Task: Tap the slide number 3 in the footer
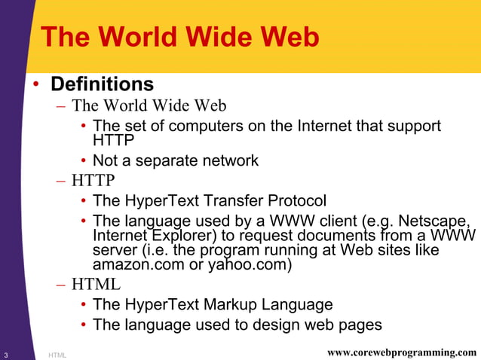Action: click(x=5, y=353)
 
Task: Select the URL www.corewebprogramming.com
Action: click(x=404, y=352)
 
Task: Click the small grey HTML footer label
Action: click(x=57, y=354)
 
